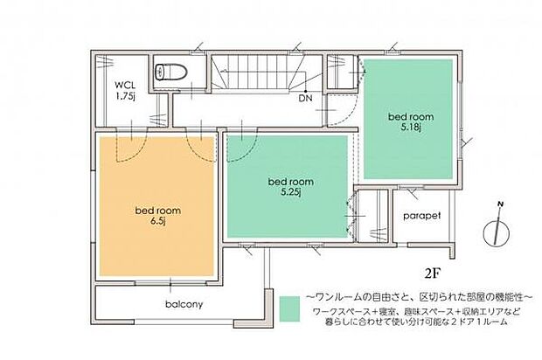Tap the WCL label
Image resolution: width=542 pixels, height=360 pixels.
[125, 85]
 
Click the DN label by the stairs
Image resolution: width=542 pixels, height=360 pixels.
[306, 99]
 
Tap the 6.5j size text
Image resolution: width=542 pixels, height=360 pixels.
[157, 222]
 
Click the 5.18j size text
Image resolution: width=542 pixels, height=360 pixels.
[409, 128]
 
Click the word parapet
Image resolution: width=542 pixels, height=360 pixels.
[422, 215]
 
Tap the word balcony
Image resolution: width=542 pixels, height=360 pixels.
[184, 305]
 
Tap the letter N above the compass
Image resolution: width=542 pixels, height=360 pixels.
[498, 205]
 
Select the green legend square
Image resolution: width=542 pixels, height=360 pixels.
[289, 308]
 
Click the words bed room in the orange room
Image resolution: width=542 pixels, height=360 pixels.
[157, 211]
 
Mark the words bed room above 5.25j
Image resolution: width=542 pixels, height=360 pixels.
[290, 182]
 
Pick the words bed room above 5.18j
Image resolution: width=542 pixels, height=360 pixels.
[409, 115]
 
